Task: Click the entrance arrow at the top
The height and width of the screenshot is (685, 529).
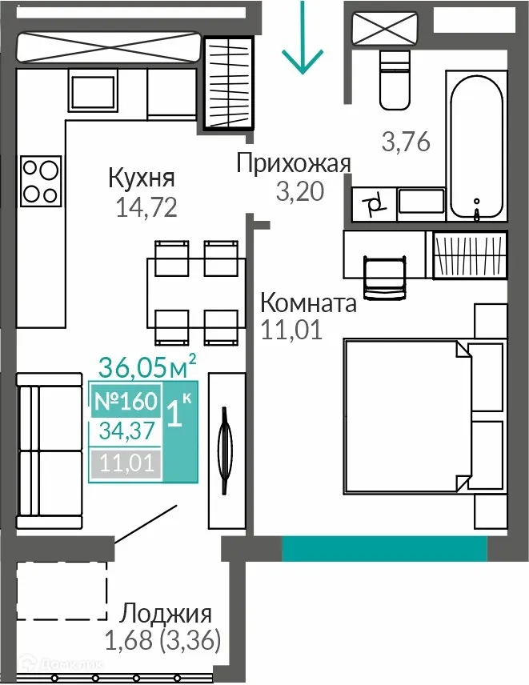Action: (x=303, y=40)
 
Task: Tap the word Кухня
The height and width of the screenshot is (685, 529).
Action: (x=142, y=178)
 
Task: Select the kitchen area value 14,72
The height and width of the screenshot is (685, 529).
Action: (x=146, y=208)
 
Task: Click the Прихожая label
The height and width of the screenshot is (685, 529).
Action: (x=294, y=164)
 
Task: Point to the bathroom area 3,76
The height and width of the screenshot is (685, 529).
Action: (x=406, y=142)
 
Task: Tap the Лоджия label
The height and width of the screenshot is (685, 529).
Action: (x=166, y=615)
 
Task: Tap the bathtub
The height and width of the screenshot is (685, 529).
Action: (x=477, y=148)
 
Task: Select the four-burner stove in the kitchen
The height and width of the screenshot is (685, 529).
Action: (x=39, y=181)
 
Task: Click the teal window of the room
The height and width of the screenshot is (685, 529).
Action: (x=384, y=549)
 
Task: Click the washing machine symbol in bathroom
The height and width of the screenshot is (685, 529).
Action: (x=374, y=205)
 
